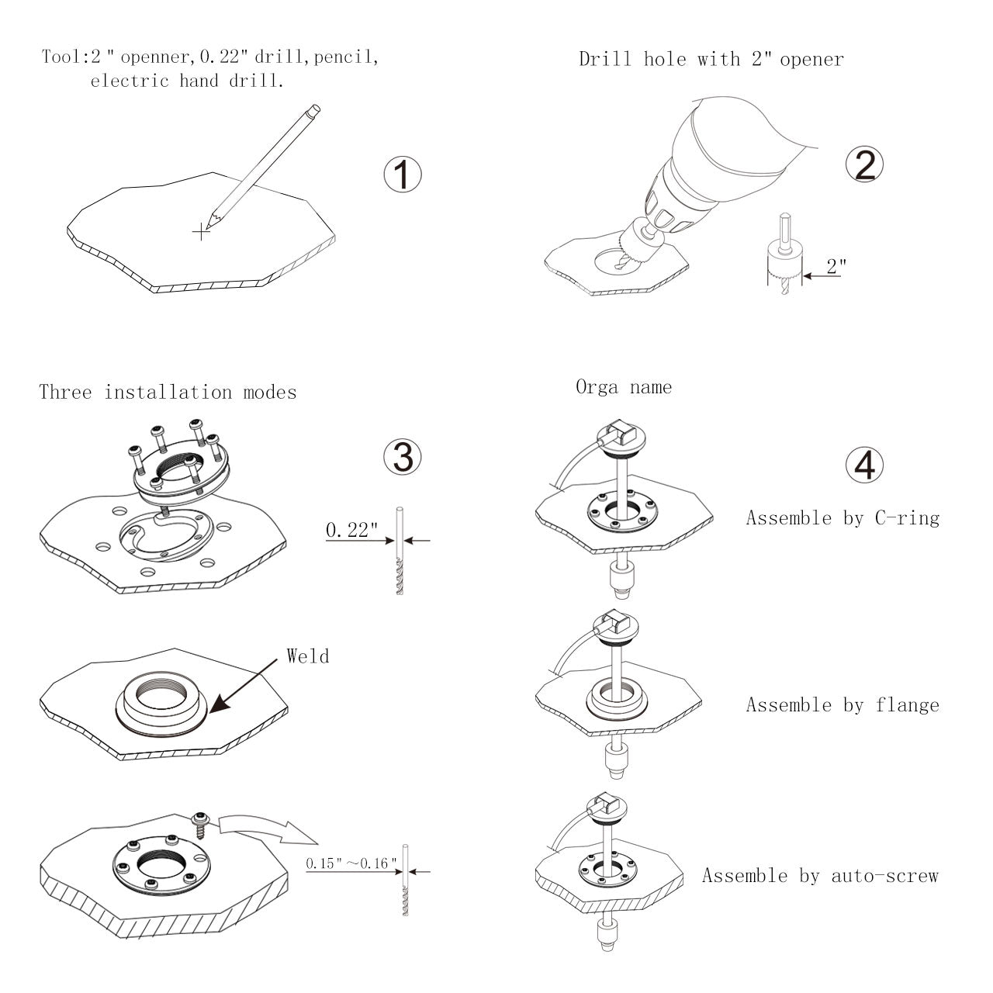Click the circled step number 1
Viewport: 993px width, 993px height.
[403, 175]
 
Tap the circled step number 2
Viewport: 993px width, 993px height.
[864, 164]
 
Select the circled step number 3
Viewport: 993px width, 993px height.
[403, 457]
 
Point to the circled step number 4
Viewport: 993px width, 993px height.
[864, 465]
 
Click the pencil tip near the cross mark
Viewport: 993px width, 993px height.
[208, 228]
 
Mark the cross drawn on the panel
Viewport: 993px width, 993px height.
[201, 232]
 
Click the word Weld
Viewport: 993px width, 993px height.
[308, 656]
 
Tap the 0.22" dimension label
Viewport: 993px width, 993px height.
[351, 530]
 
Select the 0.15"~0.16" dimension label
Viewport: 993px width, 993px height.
[351, 863]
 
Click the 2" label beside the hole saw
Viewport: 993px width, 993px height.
[836, 266]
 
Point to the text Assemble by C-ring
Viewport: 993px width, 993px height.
[842, 518]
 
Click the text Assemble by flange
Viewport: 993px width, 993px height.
[842, 705]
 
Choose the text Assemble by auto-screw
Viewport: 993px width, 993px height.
[820, 876]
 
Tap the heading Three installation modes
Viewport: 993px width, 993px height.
[168, 392]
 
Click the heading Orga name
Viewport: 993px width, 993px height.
[624, 387]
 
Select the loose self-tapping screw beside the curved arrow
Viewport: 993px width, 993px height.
[199, 825]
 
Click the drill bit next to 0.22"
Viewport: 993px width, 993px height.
[400, 551]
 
